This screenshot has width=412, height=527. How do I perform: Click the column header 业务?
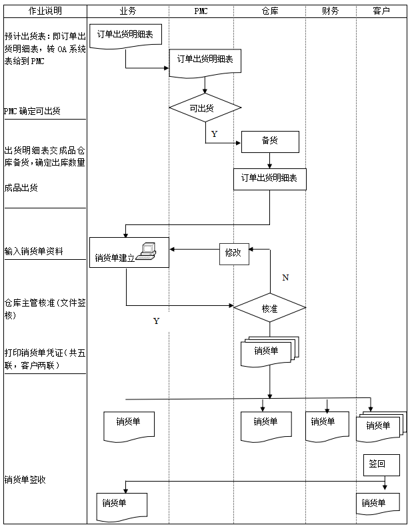pyautogui.click(x=128, y=11)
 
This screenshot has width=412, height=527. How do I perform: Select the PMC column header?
pyautogui.click(x=201, y=11)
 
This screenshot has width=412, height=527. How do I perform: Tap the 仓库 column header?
pyautogui.click(x=270, y=11)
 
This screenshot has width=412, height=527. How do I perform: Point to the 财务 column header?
pyautogui.click(x=330, y=11)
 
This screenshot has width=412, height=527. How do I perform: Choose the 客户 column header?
pyautogui.click(x=382, y=11)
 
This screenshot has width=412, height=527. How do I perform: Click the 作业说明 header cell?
pyautogui.click(x=45, y=11)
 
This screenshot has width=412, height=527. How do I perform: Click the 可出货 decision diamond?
pyautogui.click(x=205, y=108)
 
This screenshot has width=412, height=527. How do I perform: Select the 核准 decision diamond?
pyautogui.click(x=269, y=308)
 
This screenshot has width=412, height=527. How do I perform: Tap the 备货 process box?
pyautogui.click(x=270, y=141)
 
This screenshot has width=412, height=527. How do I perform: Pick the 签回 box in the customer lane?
pyautogui.click(x=377, y=464)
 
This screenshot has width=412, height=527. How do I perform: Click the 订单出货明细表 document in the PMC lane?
pyautogui.click(x=205, y=60)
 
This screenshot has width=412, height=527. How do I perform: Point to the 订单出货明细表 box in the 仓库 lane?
pyautogui.click(x=269, y=179)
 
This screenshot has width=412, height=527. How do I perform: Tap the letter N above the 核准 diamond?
pyautogui.click(x=285, y=277)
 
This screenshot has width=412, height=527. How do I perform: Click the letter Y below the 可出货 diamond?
pyautogui.click(x=214, y=134)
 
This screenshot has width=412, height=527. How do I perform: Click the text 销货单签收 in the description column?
pyautogui.click(x=26, y=480)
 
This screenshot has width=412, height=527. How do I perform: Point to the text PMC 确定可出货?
pyautogui.click(x=32, y=111)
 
